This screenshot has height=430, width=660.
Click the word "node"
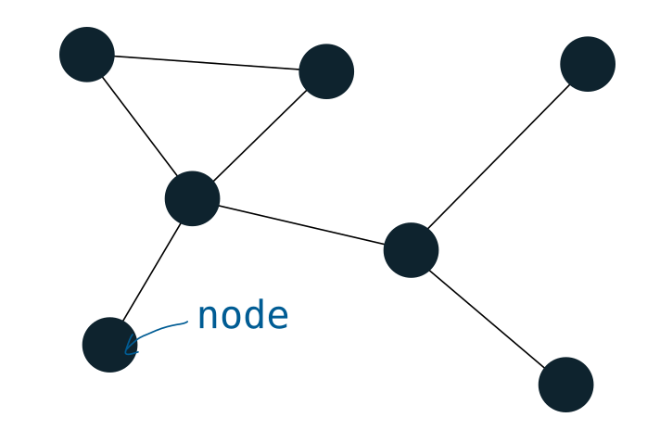[x=243, y=317]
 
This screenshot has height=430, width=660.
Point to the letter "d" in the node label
[x=253, y=316]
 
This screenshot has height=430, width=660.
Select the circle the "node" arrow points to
[x=108, y=345]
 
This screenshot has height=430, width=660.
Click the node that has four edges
[x=192, y=198]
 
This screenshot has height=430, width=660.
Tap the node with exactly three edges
[x=411, y=249]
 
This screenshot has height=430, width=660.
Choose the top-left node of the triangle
[x=87, y=54]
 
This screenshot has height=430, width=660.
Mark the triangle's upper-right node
[x=326, y=70]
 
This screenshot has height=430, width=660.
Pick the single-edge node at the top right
[x=588, y=64]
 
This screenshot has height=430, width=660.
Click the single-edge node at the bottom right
[x=565, y=385]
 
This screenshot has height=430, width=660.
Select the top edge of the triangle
[x=207, y=62]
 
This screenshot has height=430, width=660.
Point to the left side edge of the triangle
[x=139, y=125]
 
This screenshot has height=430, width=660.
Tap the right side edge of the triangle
[x=260, y=134]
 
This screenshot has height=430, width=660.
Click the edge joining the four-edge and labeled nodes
[x=151, y=271]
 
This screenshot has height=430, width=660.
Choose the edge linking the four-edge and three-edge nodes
[x=301, y=224]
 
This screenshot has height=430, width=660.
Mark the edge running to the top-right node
[x=499, y=157]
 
